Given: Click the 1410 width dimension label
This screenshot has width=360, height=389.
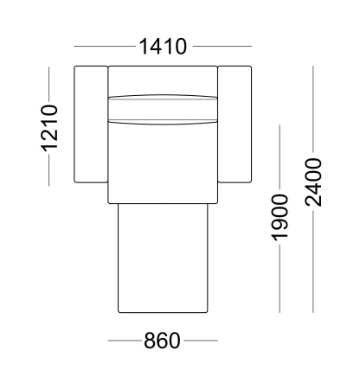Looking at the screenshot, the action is [163, 47].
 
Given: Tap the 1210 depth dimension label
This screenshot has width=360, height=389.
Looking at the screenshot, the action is [49, 128].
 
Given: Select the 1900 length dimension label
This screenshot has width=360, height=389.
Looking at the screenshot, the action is [280, 218].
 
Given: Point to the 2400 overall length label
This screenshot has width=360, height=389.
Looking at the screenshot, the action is [313, 182].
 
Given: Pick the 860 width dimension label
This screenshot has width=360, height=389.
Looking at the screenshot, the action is [162, 341].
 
